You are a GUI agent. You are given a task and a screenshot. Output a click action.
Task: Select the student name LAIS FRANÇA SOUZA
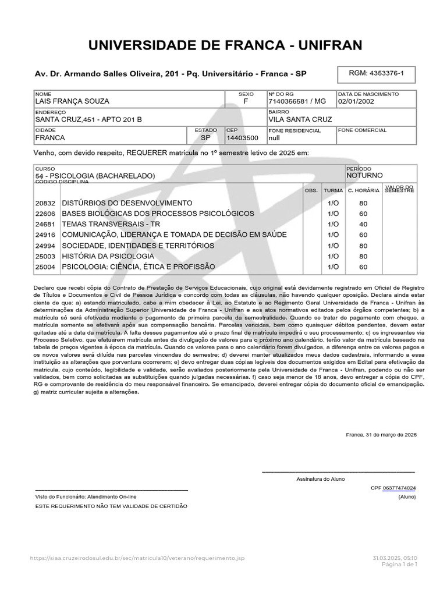click(73, 101)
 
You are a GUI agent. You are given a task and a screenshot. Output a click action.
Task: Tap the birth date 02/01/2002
click(356, 101)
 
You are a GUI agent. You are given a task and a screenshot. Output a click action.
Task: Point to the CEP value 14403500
click(243, 138)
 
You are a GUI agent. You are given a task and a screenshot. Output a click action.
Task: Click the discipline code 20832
click(45, 203)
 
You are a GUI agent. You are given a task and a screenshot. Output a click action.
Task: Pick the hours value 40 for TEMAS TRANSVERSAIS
click(363, 224)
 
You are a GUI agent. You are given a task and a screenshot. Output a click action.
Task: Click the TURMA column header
click(334, 190)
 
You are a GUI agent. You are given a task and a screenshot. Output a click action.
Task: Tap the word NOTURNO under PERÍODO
click(364, 175)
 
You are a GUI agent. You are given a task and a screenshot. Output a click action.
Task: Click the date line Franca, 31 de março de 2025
click(381, 435)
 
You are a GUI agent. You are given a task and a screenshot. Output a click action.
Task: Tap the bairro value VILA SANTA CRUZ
click(300, 119)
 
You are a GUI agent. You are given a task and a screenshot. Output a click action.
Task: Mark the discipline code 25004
click(45, 267)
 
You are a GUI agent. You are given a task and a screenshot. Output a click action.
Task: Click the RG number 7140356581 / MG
click(297, 101)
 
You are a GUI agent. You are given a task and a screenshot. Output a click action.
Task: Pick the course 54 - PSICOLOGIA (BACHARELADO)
click(95, 175)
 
